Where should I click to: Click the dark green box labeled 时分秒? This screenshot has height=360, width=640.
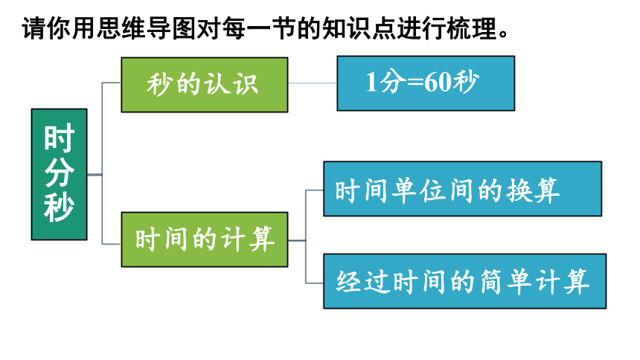[x=60, y=174]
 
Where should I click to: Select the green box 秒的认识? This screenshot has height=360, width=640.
[x=205, y=85]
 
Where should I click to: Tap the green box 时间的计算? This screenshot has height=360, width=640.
[x=205, y=240]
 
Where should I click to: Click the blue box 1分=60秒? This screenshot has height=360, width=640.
[x=426, y=83]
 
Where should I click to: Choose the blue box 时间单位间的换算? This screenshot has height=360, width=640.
[x=462, y=189]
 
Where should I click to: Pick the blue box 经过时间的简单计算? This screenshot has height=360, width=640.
[x=465, y=281]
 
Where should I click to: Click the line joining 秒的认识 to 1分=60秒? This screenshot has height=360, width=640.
[x=313, y=83]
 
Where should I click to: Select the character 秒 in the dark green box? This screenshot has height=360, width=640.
[x=60, y=208]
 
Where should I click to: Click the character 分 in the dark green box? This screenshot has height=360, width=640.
[x=60, y=173]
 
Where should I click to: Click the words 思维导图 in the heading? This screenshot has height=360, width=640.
[x=146, y=28]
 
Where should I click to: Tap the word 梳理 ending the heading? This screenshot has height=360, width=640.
[x=471, y=28]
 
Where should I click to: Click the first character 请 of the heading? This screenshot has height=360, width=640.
[x=34, y=28]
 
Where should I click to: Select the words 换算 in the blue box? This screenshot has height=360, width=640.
[x=533, y=190]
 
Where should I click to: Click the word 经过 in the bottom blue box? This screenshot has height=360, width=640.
[x=362, y=282]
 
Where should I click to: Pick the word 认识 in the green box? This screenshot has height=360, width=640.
[x=231, y=85]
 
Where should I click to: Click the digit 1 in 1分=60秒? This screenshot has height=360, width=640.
[x=371, y=83]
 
